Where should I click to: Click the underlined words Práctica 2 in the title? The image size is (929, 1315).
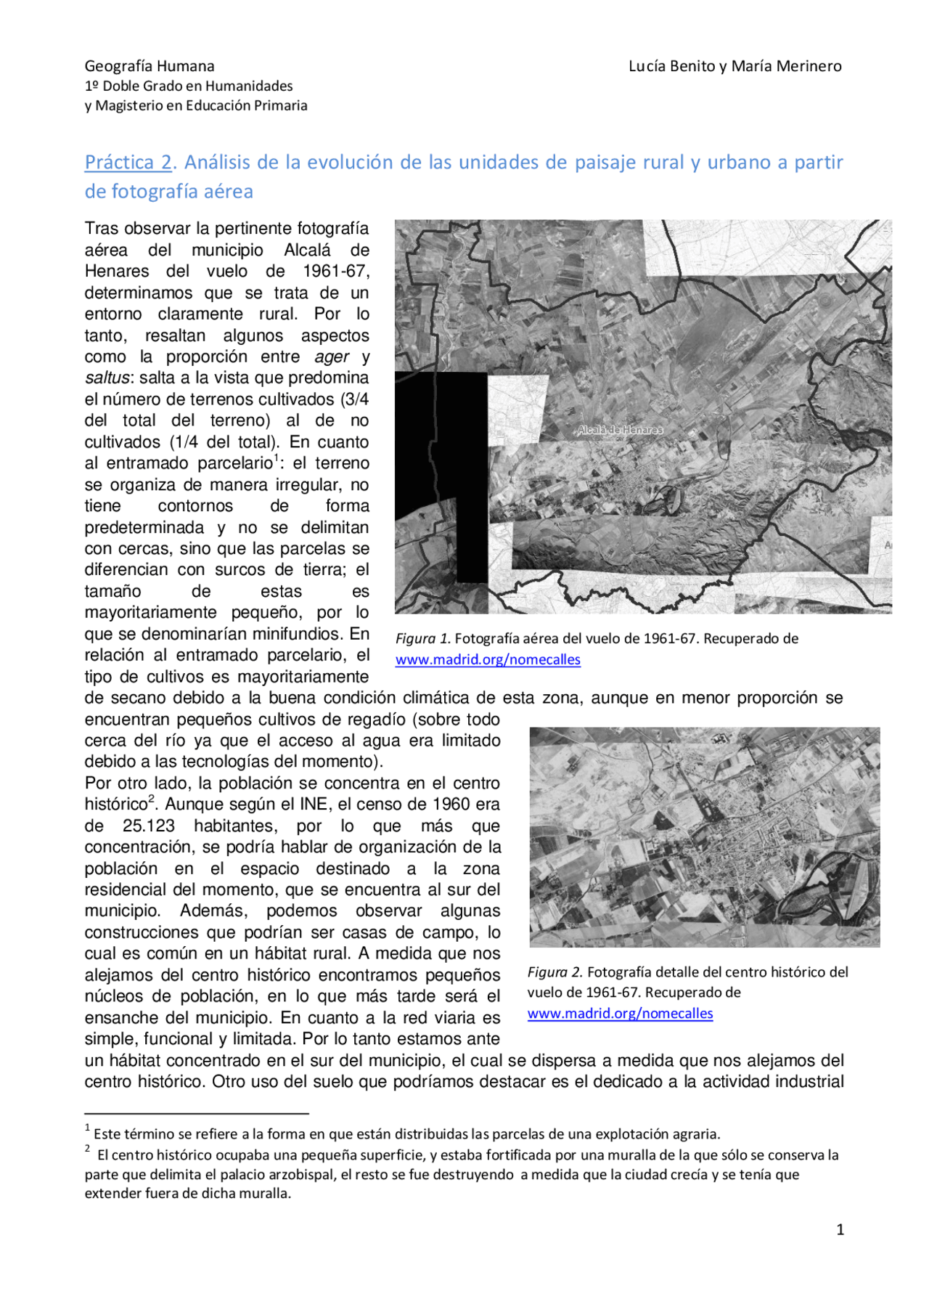point(128,162)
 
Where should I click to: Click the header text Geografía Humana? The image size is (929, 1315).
point(150,66)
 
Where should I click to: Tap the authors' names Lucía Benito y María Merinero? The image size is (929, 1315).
point(734,66)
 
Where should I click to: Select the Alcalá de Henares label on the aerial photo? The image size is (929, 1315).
point(619,430)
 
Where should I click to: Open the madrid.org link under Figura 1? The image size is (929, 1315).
point(488,659)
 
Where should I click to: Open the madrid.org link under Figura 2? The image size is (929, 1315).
point(620,1013)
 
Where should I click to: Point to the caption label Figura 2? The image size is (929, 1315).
point(554,972)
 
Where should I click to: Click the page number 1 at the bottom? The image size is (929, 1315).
point(840,1229)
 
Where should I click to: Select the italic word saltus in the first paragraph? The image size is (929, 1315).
point(107,378)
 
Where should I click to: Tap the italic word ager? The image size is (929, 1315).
point(332,357)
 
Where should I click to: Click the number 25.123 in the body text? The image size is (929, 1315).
point(148,826)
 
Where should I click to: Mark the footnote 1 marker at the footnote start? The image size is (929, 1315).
point(88,1128)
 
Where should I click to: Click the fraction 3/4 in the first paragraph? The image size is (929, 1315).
point(354,399)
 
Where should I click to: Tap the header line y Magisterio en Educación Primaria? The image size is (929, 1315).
point(196,105)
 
